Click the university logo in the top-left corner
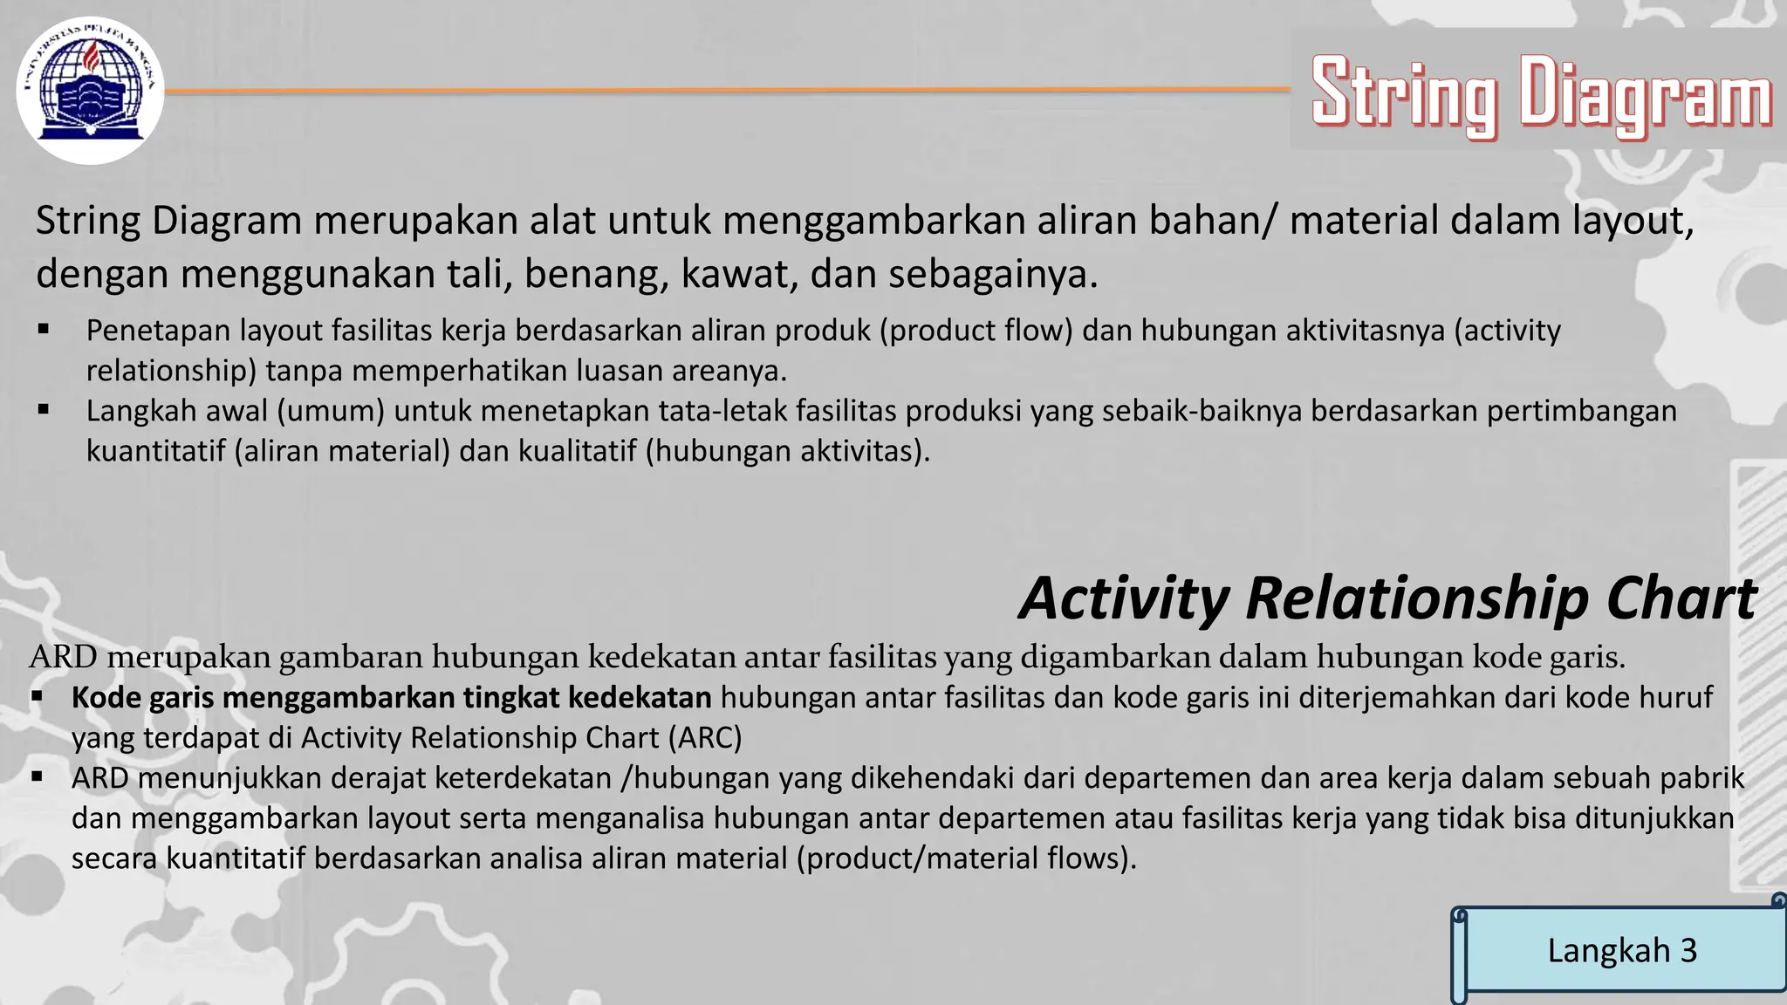coord(90,91)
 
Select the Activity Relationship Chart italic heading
coord(1387,598)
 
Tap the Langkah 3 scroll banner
coord(1622,951)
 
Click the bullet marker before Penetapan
coord(44,331)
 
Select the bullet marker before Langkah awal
coord(44,409)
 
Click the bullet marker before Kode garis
coord(37,697)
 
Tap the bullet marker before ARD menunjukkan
coord(37,776)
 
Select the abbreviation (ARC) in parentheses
coord(705,738)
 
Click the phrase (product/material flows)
coord(966,858)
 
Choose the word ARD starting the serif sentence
coord(64,657)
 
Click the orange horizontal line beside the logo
coord(724,91)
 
